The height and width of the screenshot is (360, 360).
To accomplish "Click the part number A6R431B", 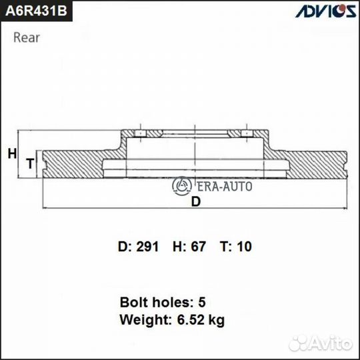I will (x=38, y=13).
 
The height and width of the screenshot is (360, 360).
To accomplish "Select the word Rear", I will (x=27, y=37).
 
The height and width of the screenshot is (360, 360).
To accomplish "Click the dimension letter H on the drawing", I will (x=11, y=154).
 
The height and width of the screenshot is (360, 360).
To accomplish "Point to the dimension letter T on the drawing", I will (x=29, y=163).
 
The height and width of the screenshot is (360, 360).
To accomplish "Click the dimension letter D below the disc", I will (x=195, y=203).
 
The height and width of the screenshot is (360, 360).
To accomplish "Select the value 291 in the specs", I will (x=147, y=247).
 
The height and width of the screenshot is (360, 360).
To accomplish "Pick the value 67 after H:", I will (x=199, y=247).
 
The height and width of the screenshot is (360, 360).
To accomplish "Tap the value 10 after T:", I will (x=245, y=247).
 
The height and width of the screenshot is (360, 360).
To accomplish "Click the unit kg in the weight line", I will (x=217, y=321).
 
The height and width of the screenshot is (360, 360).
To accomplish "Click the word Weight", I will (x=141, y=320).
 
